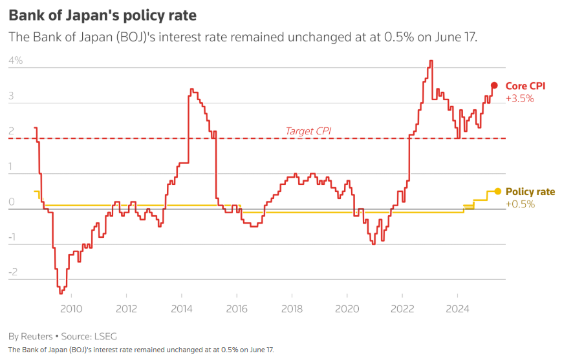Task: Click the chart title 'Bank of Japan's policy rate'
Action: point(102,14)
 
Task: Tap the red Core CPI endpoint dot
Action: point(494,85)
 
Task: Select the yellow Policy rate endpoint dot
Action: point(497,191)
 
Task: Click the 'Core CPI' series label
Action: point(525,86)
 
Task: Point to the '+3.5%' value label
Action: point(519,99)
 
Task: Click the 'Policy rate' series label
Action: point(530,191)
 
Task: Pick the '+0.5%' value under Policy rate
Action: point(519,204)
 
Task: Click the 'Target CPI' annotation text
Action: point(308,131)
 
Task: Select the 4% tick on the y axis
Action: point(16,61)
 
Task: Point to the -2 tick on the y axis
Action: point(14,272)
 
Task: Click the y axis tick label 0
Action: point(12,202)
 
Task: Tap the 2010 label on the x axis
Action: point(70,308)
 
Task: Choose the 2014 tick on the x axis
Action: point(181,308)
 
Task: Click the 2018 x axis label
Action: point(292,308)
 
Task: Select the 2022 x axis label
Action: point(402,308)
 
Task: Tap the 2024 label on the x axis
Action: point(458,308)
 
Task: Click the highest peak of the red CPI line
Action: point(431,61)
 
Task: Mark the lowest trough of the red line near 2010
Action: point(61,293)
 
